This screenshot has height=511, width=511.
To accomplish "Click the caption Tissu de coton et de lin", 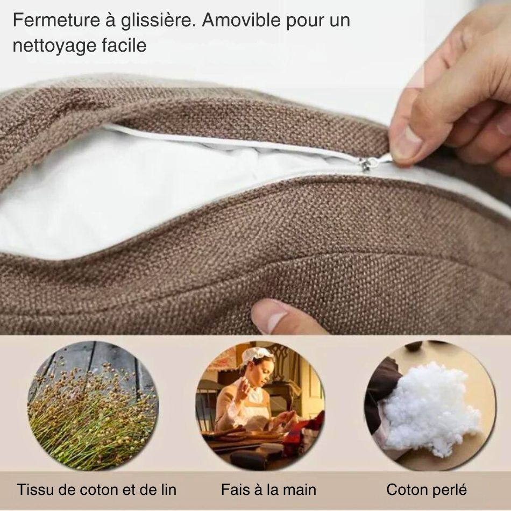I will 96,489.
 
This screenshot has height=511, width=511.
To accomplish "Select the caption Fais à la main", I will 268,489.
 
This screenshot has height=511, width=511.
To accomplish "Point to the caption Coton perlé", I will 427,489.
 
